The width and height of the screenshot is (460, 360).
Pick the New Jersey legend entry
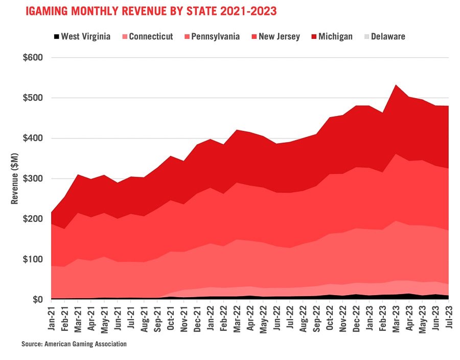[279, 36]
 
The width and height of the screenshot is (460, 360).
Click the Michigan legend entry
[335, 36]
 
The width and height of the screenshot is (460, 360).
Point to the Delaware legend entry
[388, 36]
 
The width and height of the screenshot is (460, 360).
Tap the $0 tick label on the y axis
[37, 300]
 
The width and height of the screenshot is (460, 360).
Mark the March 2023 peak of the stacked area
[396, 85]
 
